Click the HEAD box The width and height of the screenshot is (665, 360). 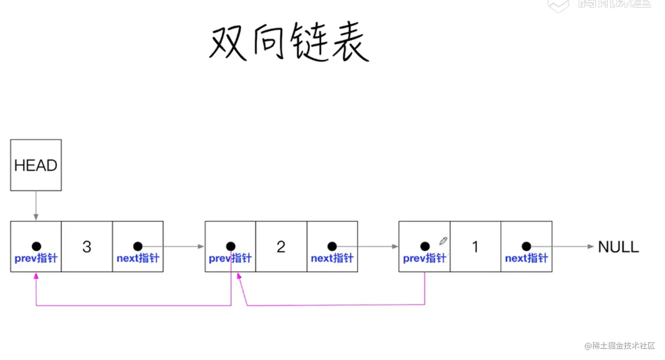click(36, 165)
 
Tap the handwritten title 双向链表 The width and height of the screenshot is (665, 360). click(289, 42)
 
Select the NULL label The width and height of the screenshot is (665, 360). click(618, 247)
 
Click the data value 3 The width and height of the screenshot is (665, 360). click(87, 247)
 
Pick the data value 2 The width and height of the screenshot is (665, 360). click(281, 247)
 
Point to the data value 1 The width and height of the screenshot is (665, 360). click(475, 247)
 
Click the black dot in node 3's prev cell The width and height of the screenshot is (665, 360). click(36, 246)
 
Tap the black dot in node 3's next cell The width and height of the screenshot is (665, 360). click(138, 246)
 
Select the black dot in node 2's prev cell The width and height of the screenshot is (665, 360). click(230, 246)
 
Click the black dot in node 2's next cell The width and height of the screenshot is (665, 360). click(332, 246)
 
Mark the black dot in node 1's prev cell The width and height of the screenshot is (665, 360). click(425, 246)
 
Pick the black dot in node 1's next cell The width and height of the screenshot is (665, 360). click(526, 246)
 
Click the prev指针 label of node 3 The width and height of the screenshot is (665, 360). click(36, 258)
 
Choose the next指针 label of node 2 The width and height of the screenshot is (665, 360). click(332, 258)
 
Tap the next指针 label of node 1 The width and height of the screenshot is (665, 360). click(526, 258)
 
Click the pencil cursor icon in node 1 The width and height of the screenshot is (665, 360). click(443, 241)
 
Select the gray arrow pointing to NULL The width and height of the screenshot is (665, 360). click(572, 246)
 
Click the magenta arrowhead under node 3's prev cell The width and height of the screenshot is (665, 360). click(36, 276)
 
